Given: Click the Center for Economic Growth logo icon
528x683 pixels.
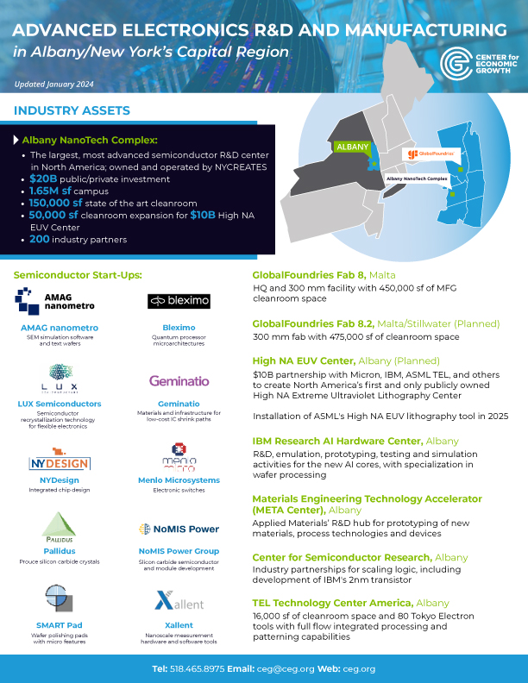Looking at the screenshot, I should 455,63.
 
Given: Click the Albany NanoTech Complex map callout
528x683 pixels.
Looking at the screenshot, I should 418,178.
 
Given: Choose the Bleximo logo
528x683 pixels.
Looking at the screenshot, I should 179,301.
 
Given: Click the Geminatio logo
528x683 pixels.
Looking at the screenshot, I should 179,380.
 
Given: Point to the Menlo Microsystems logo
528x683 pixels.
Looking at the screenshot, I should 179,458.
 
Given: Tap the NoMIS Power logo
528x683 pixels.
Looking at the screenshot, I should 179,529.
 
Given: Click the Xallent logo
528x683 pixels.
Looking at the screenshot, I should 179,600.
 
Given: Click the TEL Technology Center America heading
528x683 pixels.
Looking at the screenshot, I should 332,602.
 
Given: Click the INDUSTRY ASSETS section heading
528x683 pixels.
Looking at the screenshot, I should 72,110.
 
